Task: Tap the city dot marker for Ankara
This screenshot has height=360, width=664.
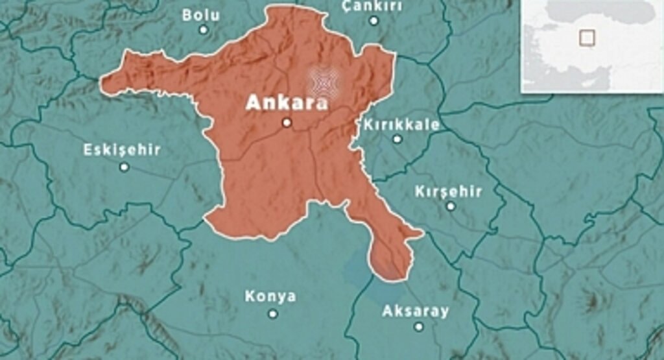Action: (287, 123)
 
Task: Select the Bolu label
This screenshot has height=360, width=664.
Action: (201, 14)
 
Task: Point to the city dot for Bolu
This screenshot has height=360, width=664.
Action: (204, 30)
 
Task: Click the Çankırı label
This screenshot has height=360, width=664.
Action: (372, 6)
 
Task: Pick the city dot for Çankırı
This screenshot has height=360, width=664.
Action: (373, 21)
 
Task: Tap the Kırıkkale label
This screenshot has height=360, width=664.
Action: (402, 125)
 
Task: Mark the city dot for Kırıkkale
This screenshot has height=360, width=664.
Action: (397, 139)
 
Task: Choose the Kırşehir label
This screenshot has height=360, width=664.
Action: (449, 191)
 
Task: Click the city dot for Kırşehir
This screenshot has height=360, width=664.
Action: (451, 206)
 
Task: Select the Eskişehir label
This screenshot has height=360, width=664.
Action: (122, 150)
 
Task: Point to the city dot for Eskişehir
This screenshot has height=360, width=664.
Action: (124, 167)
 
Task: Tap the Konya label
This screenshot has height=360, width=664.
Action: (270, 296)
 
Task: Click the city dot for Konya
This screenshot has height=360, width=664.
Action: (273, 313)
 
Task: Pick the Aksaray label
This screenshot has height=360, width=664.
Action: (416, 311)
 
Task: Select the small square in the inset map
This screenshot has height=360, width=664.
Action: (586, 38)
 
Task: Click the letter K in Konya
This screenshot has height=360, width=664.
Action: (250, 296)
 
